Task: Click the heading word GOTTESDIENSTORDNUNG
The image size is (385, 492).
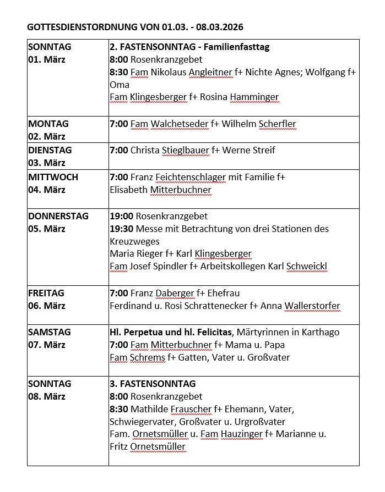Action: tap(80, 26)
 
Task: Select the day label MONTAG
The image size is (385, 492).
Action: tap(48, 124)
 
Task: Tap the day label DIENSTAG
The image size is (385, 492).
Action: tap(50, 150)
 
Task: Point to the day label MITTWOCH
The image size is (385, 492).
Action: tap(53, 177)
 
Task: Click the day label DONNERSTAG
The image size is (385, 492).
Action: tap(58, 216)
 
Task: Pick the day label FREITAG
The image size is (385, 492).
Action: tap(46, 293)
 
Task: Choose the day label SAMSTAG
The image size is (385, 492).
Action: tap(50, 332)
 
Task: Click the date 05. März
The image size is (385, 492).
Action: tap(47, 229)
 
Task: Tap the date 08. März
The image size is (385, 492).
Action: tap(47, 396)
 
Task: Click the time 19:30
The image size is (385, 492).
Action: tap(121, 229)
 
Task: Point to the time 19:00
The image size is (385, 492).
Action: tap(121, 216)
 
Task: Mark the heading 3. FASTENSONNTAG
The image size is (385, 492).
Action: tap(153, 384)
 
